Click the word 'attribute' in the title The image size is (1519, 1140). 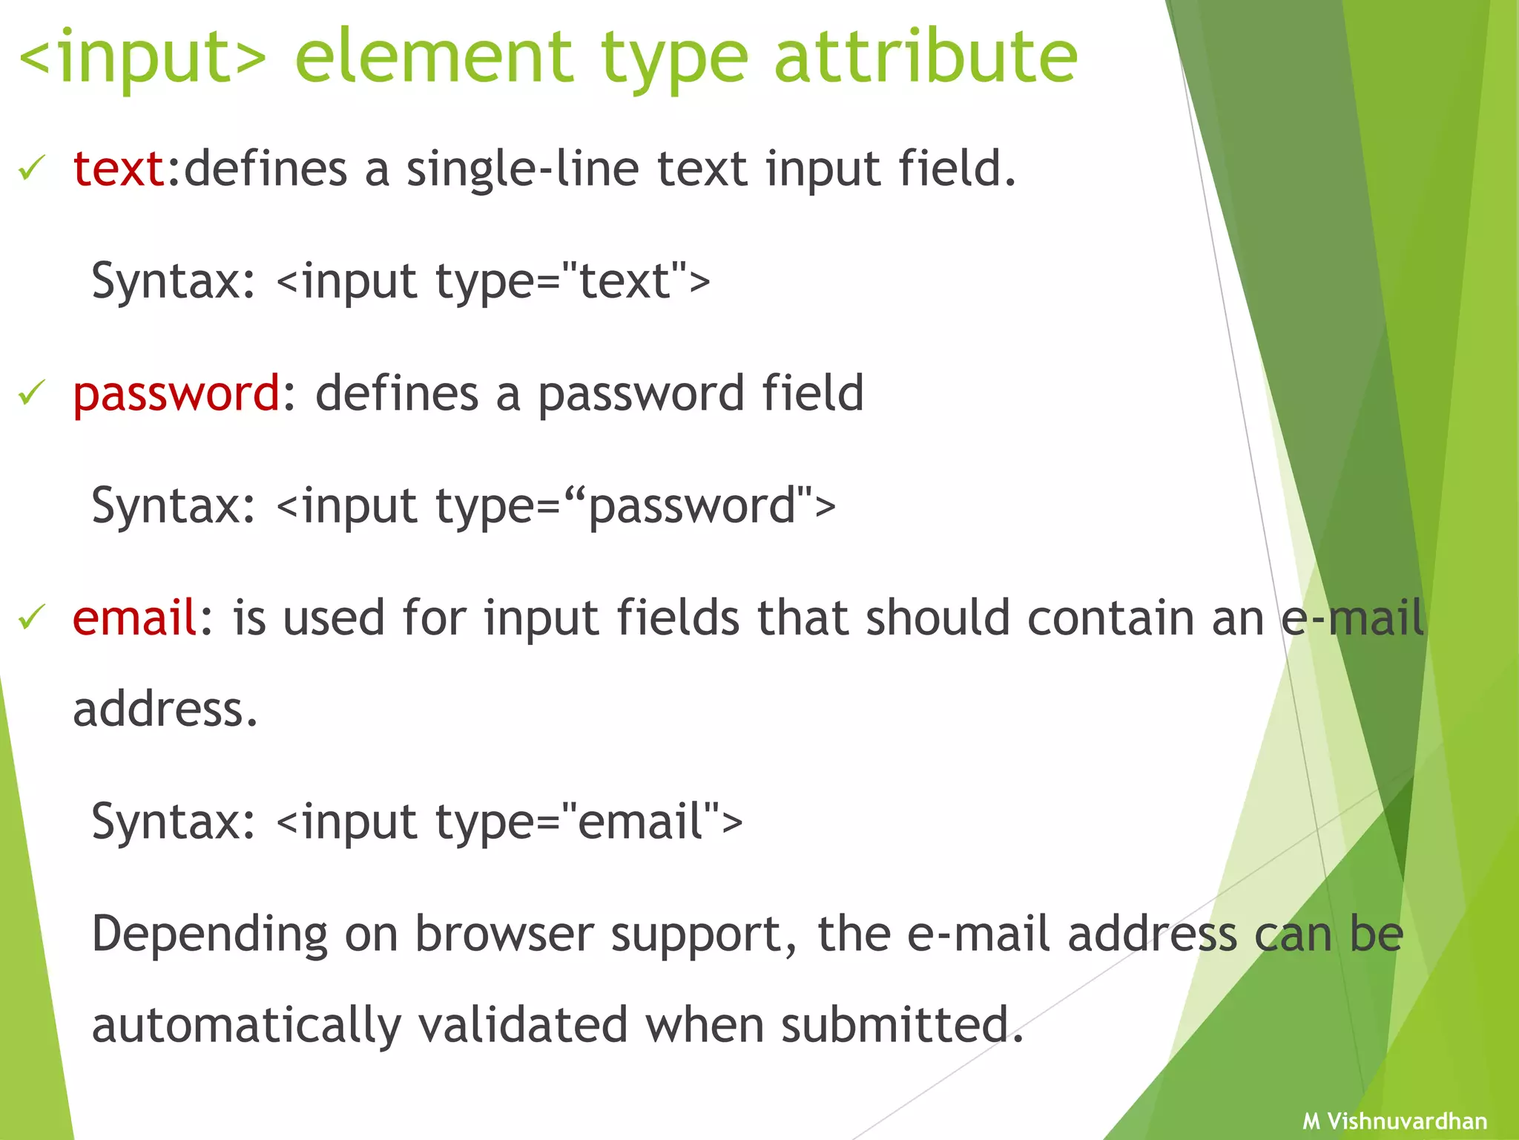coord(925,56)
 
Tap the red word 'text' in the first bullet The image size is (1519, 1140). coord(119,169)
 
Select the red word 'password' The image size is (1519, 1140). coord(177,394)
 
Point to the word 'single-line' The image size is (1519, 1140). coord(522,169)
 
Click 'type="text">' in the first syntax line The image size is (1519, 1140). coord(573,282)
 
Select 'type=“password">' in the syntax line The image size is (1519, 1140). coord(636,507)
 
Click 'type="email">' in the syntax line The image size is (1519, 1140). coord(589,822)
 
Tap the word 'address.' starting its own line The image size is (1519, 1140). coord(165,710)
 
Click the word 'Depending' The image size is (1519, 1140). coord(210,935)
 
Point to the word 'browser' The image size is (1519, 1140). coord(504,934)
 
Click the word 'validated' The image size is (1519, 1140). coord(524,1025)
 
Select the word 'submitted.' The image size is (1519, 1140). coord(902,1025)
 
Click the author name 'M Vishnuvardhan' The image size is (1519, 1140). coord(1394,1121)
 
